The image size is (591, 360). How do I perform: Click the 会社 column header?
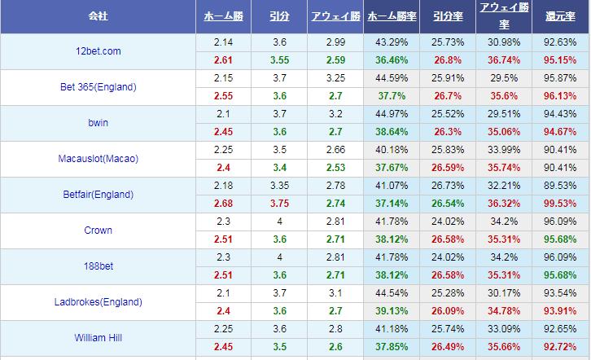pyautogui.click(x=98, y=16)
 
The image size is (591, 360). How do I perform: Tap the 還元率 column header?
pyautogui.click(x=561, y=16)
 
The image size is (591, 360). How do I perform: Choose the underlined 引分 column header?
pyautogui.click(x=278, y=16)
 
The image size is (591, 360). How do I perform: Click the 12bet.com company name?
pyautogui.click(x=98, y=51)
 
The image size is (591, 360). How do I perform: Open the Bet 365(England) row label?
pyautogui.click(x=98, y=87)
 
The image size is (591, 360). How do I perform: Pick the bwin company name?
pyautogui.click(x=98, y=123)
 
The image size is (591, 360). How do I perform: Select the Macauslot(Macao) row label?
pyautogui.click(x=98, y=159)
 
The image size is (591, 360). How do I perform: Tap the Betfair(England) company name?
pyautogui.click(x=98, y=195)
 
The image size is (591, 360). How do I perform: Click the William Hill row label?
pyautogui.click(x=98, y=338)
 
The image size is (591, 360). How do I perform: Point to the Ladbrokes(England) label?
pyautogui.click(x=98, y=302)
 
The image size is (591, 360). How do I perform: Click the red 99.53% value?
pyautogui.click(x=561, y=204)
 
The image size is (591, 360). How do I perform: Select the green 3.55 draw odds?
pyautogui.click(x=278, y=60)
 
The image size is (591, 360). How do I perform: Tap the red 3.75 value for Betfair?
pyautogui.click(x=278, y=204)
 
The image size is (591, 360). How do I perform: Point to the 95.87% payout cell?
pyautogui.click(x=561, y=78)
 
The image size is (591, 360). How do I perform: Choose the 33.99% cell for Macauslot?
pyautogui.click(x=502, y=150)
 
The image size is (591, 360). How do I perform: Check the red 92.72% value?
pyautogui.click(x=561, y=347)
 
